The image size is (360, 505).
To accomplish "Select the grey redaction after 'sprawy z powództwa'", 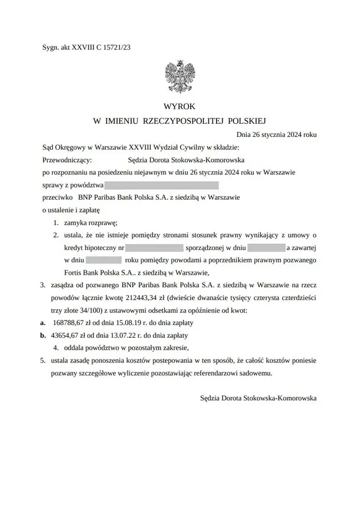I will click(x=161, y=185).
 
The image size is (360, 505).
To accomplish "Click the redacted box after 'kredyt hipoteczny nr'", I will click(x=155, y=248).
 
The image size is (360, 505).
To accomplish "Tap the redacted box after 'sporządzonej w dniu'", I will click(x=266, y=248).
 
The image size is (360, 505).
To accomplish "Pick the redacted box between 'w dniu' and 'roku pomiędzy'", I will click(x=105, y=260).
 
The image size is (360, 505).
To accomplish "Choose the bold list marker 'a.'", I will click(x=43, y=323).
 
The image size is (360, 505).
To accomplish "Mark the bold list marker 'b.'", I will click(x=43, y=335).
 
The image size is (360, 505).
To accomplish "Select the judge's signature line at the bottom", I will click(x=258, y=397).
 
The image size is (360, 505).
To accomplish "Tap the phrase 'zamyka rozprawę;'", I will click(x=90, y=223).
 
